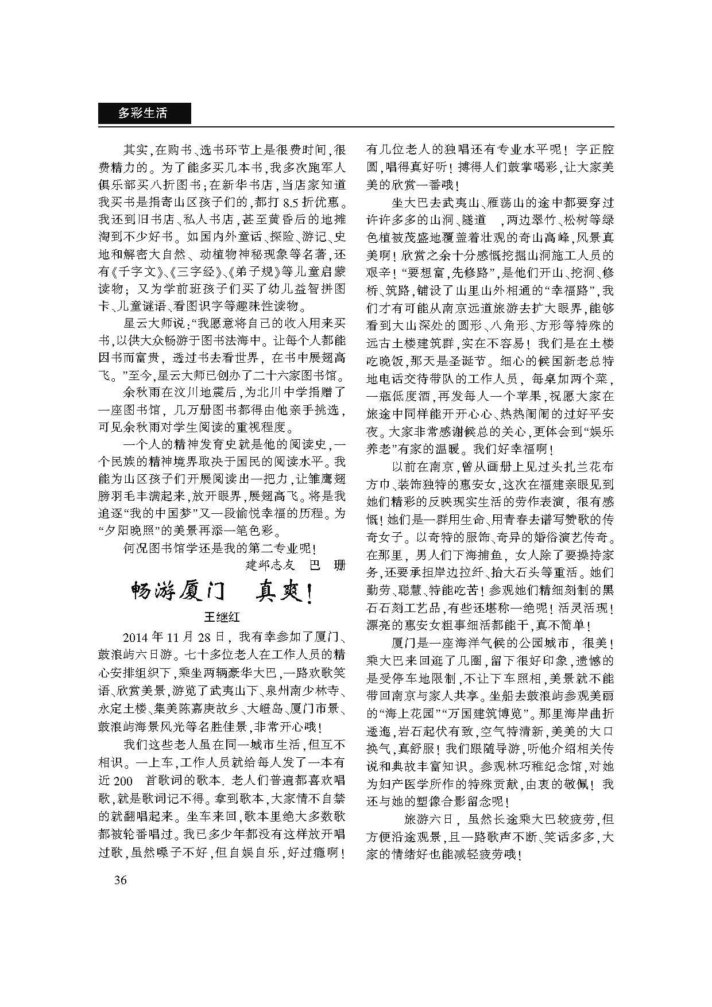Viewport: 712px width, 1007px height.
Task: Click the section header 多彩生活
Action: [143, 113]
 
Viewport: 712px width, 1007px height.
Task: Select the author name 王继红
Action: [222, 617]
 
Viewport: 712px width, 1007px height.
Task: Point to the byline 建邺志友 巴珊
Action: [296, 565]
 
